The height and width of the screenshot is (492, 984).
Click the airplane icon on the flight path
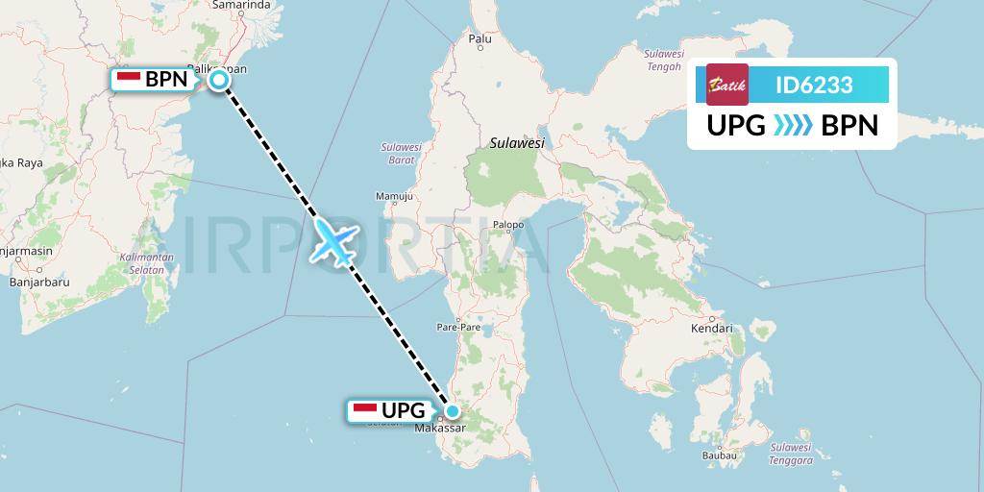(x=333, y=239)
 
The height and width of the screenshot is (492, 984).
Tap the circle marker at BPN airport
(x=219, y=80)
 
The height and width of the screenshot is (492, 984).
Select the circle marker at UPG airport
(x=453, y=411)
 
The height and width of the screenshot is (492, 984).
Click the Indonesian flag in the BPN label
(x=129, y=80)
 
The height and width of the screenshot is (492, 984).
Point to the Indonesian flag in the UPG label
(x=365, y=411)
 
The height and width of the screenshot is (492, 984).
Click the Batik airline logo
(x=726, y=85)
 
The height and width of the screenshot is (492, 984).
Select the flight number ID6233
(x=814, y=85)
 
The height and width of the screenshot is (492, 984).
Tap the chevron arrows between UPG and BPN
(x=793, y=126)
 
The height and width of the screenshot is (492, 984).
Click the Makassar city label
(x=440, y=429)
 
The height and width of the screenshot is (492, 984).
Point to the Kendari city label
(x=711, y=329)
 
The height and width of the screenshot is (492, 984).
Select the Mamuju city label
(x=393, y=197)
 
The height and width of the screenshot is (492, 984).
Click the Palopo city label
(x=508, y=226)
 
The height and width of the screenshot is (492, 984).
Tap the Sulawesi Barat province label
(x=402, y=154)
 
